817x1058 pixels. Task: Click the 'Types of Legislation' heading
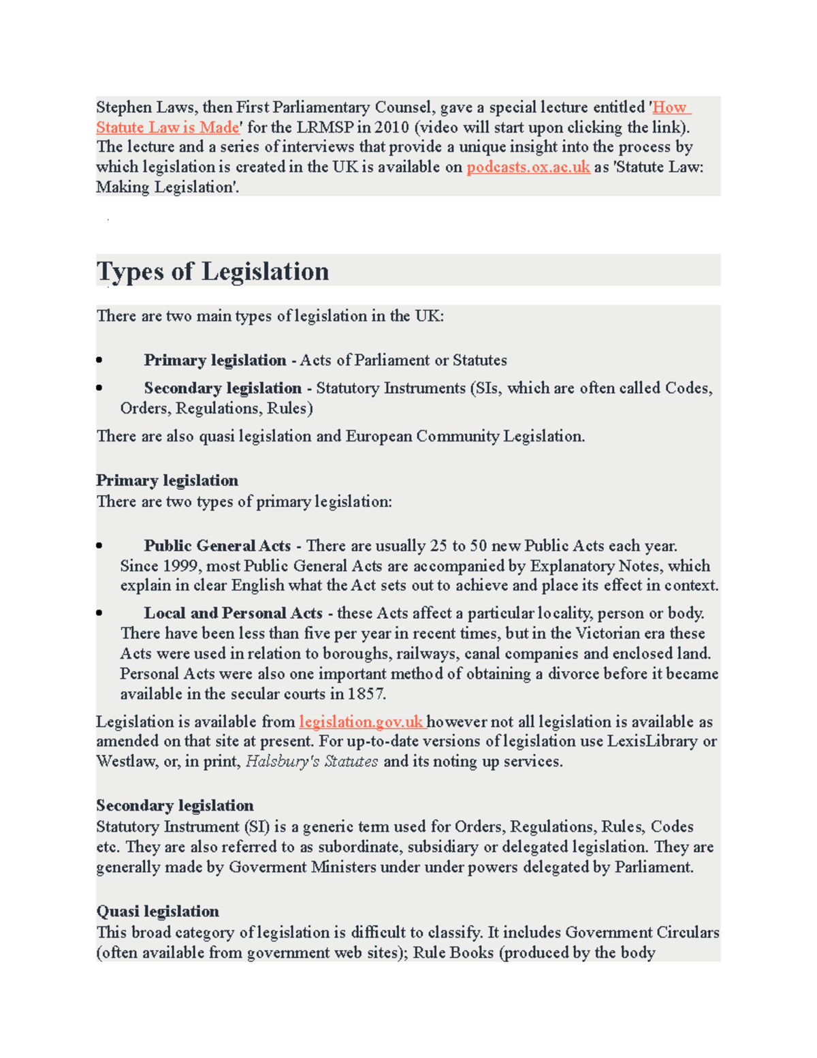pos(212,271)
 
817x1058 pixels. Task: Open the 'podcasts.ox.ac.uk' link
pos(528,167)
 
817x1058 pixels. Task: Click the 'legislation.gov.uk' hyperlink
pos(361,721)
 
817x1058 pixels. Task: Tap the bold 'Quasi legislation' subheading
pos(157,912)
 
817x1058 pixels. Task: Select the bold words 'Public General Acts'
pos(217,546)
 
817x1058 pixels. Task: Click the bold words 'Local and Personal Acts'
pos(233,613)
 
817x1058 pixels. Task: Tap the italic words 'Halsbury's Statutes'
pos(311,762)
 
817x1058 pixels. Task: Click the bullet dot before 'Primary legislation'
pos(99,360)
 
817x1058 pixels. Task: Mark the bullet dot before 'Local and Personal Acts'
pos(99,613)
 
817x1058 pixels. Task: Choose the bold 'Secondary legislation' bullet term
pos(222,388)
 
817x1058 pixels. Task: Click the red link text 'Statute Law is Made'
pos(167,127)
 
